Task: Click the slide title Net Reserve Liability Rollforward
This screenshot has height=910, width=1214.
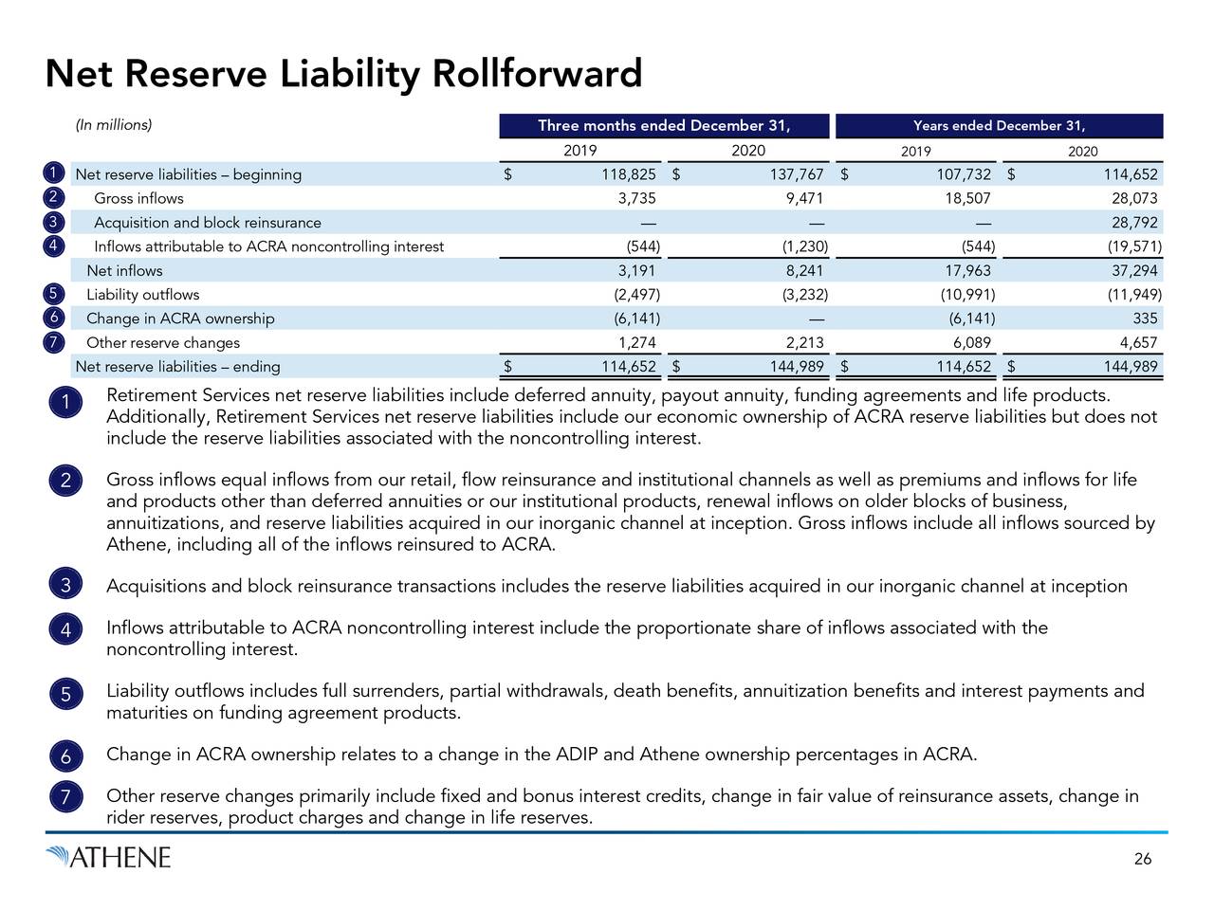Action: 343,73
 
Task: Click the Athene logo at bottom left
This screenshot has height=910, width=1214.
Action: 108,858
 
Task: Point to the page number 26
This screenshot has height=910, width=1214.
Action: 1143,859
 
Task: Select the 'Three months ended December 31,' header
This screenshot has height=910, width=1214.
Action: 664,126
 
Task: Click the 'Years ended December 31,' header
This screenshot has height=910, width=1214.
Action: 999,126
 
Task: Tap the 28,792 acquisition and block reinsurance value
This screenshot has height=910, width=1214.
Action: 1134,223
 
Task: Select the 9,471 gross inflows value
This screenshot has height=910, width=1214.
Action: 805,198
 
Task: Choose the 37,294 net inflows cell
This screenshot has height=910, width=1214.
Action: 1134,271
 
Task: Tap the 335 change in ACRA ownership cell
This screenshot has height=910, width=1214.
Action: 1145,318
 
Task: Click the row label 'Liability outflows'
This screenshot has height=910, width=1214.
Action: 143,295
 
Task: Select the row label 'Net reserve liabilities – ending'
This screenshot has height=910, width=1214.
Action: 177,367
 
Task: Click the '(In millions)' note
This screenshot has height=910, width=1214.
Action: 114,125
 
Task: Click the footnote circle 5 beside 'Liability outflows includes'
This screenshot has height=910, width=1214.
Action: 64,695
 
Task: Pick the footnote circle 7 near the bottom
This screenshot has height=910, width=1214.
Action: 64,799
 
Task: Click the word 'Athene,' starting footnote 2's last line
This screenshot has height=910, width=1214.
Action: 136,544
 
